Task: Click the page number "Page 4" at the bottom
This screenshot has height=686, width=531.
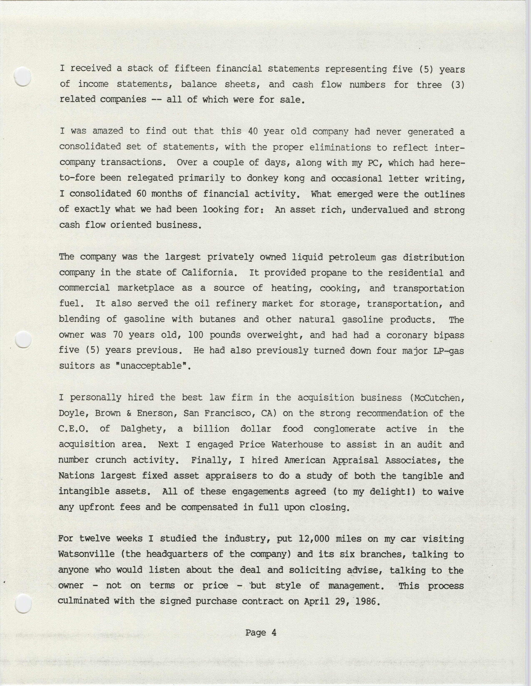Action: [x=261, y=632]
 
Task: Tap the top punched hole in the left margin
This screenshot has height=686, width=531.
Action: [x=23, y=76]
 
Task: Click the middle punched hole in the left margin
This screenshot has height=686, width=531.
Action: [x=23, y=340]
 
